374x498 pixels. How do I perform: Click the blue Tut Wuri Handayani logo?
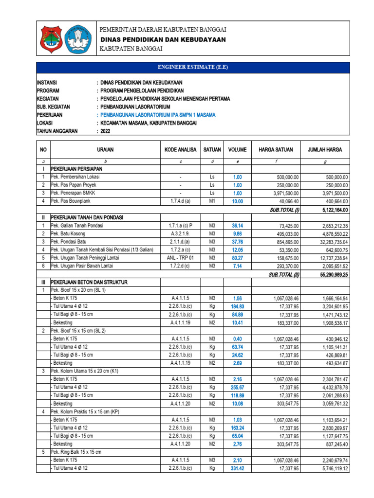coord(78,39)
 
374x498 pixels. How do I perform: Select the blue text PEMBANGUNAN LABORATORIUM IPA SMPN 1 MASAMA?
coord(157,115)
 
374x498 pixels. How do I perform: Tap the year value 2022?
coord(106,131)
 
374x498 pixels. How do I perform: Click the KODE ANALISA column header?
coord(180,150)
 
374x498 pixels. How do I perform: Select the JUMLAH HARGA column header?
coord(325,150)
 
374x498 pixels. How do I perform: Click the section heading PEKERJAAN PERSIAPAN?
coord(78,169)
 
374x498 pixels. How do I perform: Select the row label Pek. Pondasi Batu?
coord(71,242)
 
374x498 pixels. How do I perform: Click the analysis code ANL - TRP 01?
coord(180,258)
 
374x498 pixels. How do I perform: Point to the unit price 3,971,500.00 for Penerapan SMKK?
coord(283,194)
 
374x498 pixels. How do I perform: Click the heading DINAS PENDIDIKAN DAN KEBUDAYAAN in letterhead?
coord(163,39)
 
